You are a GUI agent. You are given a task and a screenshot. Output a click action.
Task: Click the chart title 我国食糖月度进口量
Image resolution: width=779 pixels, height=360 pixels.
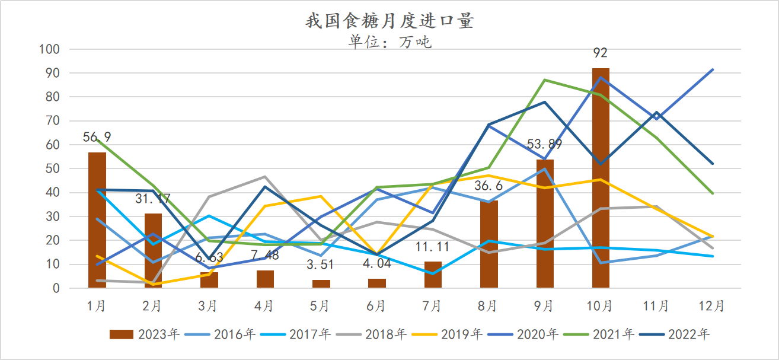pos(389,21)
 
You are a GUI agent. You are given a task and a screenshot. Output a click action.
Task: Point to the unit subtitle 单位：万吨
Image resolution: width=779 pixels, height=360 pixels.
pos(389,42)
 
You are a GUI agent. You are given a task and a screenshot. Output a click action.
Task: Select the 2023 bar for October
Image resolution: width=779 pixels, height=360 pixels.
pos(601,178)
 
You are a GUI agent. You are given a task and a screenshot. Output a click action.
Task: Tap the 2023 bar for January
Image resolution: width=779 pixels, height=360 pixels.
pos(97,220)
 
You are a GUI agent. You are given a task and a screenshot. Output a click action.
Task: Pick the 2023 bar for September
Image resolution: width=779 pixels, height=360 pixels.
pos(545,224)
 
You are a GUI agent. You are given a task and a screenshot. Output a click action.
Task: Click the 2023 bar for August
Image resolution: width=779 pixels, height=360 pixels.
pos(489,244)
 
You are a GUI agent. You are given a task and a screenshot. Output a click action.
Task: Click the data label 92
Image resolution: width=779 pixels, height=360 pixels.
pos(601,53)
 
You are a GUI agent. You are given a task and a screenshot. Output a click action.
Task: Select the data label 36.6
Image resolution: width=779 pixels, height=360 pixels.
pos(489,186)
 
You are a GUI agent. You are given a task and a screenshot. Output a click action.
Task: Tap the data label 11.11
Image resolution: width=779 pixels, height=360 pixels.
pos(433,247)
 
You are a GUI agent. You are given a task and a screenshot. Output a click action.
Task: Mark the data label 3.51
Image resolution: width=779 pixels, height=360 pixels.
pos(321,265)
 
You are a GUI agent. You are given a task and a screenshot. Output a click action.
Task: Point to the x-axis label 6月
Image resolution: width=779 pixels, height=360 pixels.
pos(376,306)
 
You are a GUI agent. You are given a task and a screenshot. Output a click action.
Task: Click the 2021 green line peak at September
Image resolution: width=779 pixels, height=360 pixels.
pos(545,80)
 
